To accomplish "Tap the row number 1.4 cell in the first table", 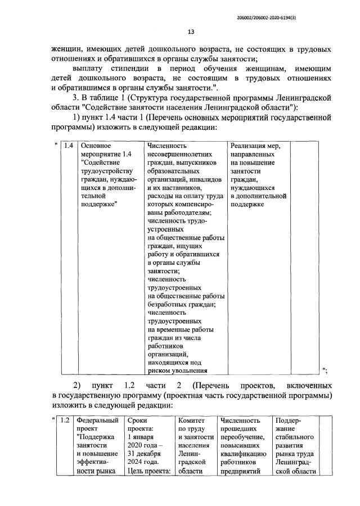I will pos(69,146).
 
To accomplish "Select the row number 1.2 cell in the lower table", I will pos(65,420).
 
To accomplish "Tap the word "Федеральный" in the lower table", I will pos(98,420).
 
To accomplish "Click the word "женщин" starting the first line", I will pos(66,49).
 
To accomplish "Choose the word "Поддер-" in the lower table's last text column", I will pos(289,420).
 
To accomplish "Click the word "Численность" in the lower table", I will pos(241,420).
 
